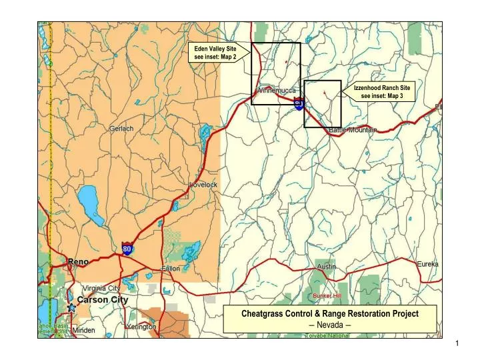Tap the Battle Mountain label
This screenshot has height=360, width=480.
(353, 131)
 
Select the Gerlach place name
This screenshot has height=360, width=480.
(121, 129)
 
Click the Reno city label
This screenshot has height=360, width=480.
(78, 261)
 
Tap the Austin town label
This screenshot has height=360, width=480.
(326, 266)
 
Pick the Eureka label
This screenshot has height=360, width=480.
(427, 264)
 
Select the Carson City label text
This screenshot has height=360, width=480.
(102, 300)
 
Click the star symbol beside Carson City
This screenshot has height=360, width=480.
(71, 308)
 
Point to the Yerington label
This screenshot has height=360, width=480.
(141, 327)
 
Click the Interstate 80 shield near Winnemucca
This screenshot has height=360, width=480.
(299, 104)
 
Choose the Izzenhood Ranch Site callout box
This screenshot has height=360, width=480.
(382, 91)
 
